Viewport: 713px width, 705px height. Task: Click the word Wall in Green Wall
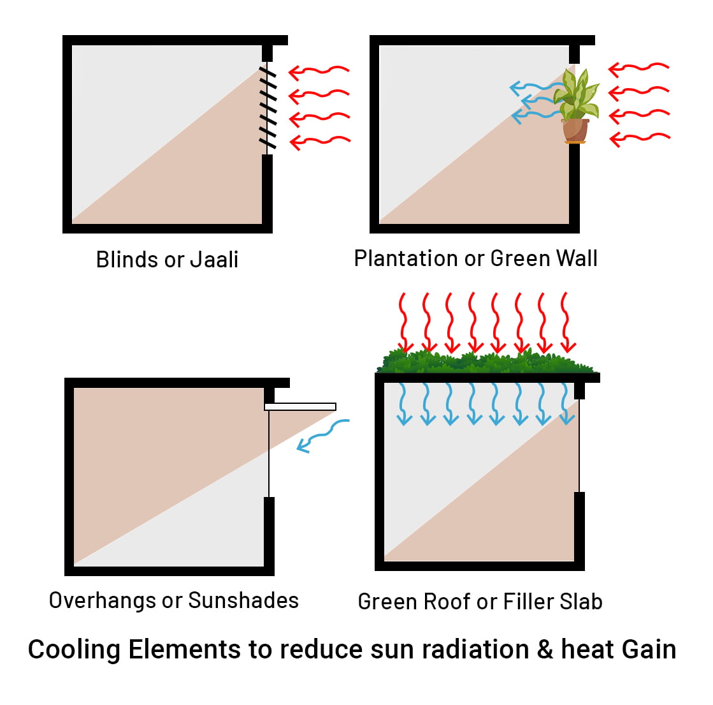(x=576, y=258)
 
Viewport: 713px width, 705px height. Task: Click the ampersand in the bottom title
(x=545, y=649)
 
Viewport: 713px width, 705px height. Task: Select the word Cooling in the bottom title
(x=74, y=649)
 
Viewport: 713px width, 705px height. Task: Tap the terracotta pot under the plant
(x=575, y=130)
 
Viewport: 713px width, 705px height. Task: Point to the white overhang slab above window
(x=300, y=406)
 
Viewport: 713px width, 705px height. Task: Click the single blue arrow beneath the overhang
(x=322, y=436)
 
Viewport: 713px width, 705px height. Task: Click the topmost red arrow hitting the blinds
(x=319, y=71)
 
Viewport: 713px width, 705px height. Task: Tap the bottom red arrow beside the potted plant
(x=639, y=138)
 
